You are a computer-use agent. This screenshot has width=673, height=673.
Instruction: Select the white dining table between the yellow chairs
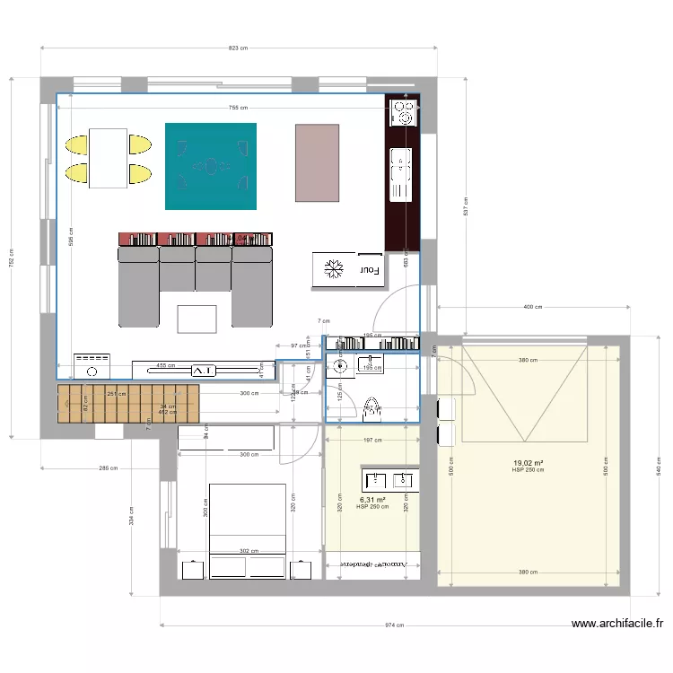point(108,158)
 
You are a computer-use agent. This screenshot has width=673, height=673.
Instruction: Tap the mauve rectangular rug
point(318,162)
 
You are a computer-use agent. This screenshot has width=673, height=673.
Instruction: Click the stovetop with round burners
point(402,112)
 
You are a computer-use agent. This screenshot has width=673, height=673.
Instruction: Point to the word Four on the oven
point(370,269)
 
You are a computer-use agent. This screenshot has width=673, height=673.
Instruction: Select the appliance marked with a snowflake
point(333,269)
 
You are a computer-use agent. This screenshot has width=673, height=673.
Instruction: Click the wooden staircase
point(127,403)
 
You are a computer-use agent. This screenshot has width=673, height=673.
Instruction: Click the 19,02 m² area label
point(528,464)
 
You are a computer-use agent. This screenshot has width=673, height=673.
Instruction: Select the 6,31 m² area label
point(372,501)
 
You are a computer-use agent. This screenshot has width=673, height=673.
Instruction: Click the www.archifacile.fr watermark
point(618,624)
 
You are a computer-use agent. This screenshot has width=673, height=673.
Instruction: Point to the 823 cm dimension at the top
point(238,48)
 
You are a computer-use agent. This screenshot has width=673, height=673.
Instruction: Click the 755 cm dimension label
point(238,108)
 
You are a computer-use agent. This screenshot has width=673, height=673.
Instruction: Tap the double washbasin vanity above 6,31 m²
point(389,479)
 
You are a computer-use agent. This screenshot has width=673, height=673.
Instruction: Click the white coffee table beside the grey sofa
point(197,319)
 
